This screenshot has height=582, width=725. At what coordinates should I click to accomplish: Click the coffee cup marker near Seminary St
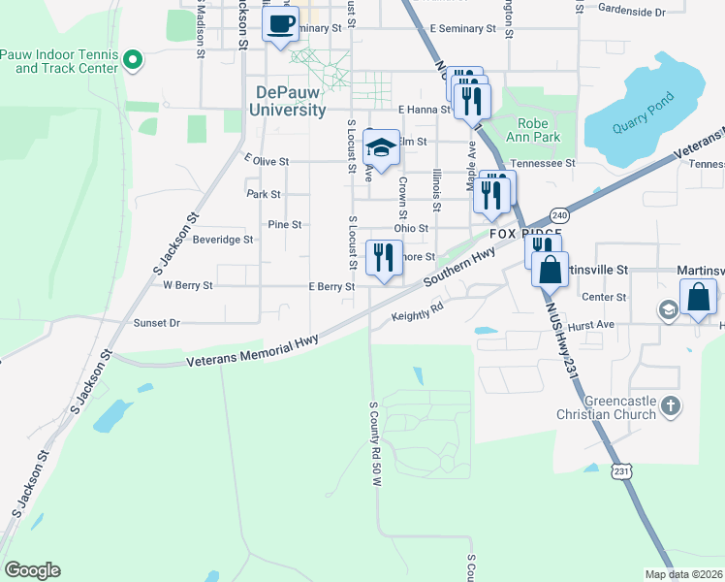(x=281, y=24)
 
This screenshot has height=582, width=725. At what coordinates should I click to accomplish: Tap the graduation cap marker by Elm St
(x=381, y=148)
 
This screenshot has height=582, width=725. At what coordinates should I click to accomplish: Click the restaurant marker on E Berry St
(x=384, y=258)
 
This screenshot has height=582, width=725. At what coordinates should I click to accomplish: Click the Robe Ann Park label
(x=533, y=130)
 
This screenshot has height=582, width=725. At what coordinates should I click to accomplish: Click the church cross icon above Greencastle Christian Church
(x=669, y=404)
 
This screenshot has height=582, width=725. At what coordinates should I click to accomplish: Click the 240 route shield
(x=559, y=214)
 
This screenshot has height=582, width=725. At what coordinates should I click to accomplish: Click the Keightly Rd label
(x=417, y=315)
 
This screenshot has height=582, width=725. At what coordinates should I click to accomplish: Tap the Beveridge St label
(x=222, y=239)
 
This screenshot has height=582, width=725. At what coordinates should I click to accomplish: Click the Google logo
(x=32, y=570)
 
